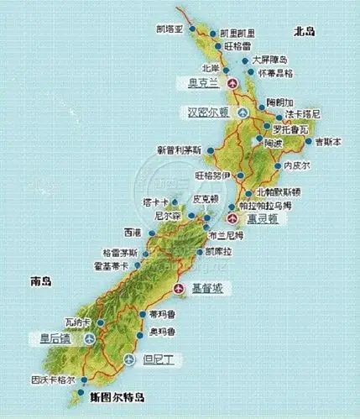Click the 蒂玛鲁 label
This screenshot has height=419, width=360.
click(162, 314)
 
